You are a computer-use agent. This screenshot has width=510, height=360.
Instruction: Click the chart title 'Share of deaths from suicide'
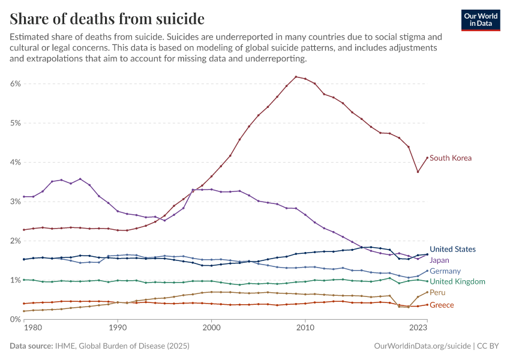pos(107,19)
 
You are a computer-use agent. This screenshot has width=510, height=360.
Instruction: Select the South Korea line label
pos(451,158)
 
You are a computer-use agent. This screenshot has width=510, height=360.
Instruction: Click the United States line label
pos(453,249)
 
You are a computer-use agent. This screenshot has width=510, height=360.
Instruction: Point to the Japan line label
pos(440,260)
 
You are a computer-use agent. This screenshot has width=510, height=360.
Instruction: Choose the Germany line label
pos(445,271)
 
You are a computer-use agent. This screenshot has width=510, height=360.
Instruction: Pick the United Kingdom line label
pos(457,281)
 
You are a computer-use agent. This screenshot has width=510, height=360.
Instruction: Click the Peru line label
pos(437,292)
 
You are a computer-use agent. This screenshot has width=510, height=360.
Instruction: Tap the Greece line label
pos(442,305)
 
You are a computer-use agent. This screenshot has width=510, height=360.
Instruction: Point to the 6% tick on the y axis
pos(15,84)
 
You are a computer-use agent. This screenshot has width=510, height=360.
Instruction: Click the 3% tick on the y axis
pos(15,202)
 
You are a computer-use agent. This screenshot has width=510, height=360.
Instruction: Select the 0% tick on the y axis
pos(15,319)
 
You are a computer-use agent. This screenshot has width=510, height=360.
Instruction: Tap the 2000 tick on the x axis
pos(211,328)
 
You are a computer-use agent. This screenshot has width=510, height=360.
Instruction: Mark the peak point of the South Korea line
pos(296,77)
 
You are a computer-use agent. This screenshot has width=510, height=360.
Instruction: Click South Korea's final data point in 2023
pos(427,158)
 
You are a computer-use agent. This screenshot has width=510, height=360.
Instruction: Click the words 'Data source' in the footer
pos(31,346)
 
